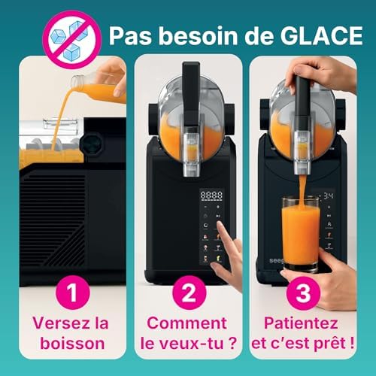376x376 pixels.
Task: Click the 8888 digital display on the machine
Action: point(213,194)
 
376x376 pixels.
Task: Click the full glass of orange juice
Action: point(301,233)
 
